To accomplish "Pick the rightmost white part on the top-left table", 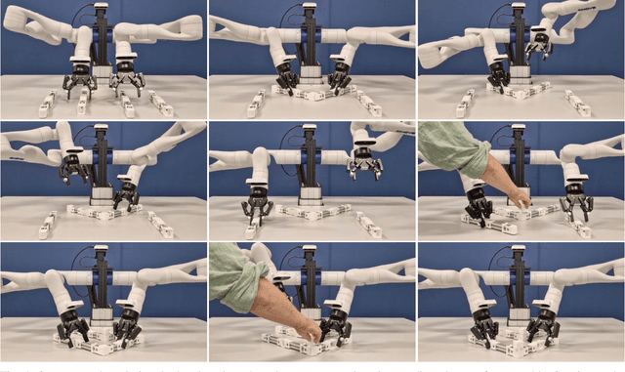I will click(161, 103).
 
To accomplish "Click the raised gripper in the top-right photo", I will click(536, 45).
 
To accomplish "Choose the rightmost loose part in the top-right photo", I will click(578, 103).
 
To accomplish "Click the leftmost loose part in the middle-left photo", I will click(47, 227).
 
